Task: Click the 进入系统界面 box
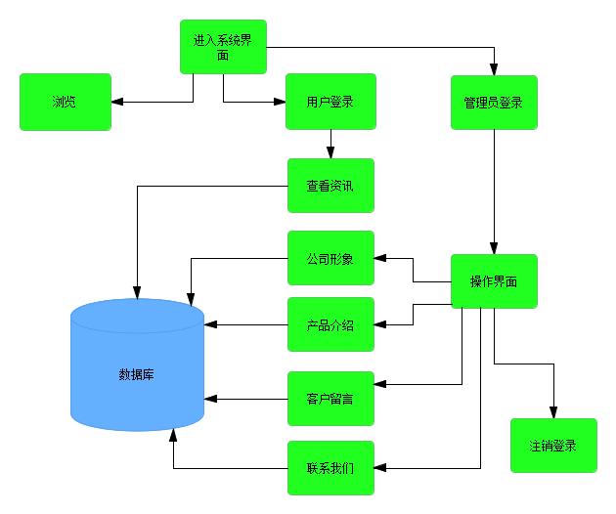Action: point(224,46)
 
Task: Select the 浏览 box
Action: point(66,102)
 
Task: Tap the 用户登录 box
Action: point(330,102)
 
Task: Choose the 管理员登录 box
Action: point(494,102)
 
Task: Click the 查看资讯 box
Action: point(330,186)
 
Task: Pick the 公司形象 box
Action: point(330,259)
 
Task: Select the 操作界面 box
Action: point(494,281)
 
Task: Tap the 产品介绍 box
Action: point(330,324)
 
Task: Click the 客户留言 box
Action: point(330,398)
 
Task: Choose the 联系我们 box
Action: point(330,468)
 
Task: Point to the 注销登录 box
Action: point(553,446)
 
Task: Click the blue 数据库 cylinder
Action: point(137,372)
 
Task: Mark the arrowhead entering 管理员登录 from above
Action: point(494,69)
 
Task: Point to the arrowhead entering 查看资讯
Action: point(330,152)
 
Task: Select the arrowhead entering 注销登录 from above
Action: point(553,412)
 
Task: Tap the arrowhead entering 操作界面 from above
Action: point(494,248)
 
